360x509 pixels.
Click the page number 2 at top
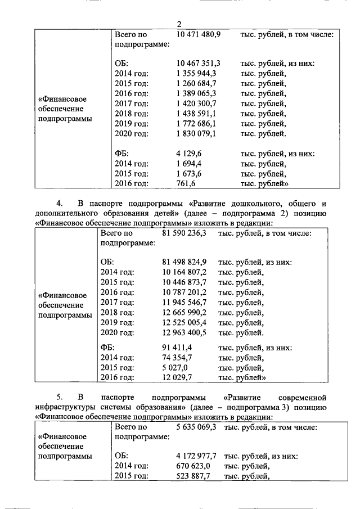point(179,24)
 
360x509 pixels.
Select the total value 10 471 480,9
point(199,35)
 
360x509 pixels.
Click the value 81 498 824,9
point(184,262)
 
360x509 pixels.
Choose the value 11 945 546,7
point(184,302)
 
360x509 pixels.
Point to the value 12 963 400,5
point(184,332)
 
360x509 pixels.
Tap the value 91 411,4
point(177,348)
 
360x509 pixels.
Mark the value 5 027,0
point(175,368)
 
